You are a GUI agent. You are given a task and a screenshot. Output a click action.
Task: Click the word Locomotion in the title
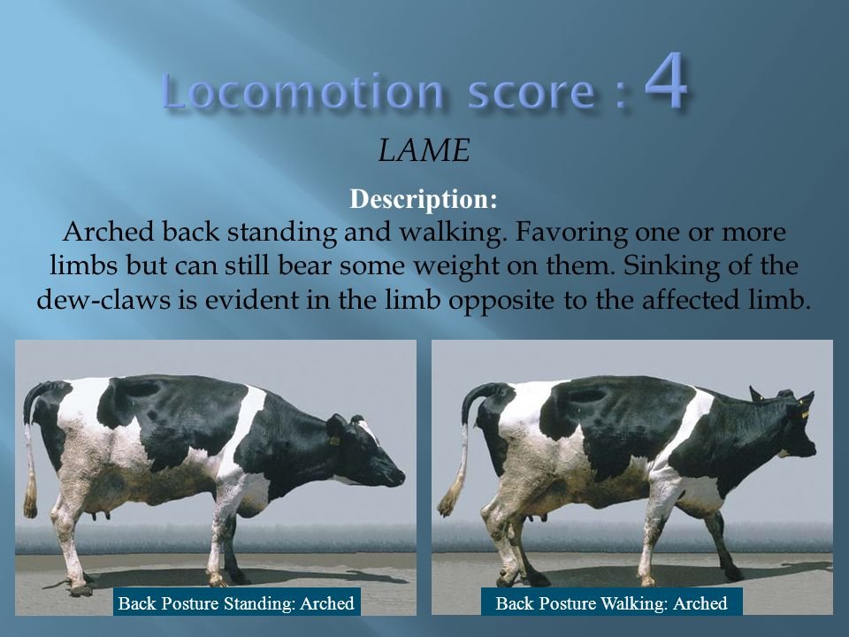[302, 92]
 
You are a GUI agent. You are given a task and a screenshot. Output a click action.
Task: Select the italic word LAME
[424, 152]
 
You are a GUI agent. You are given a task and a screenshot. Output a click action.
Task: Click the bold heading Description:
[424, 199]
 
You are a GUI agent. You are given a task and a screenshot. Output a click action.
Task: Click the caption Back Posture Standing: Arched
[236, 603]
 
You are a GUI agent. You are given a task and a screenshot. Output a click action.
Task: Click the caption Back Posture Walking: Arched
[612, 603]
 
